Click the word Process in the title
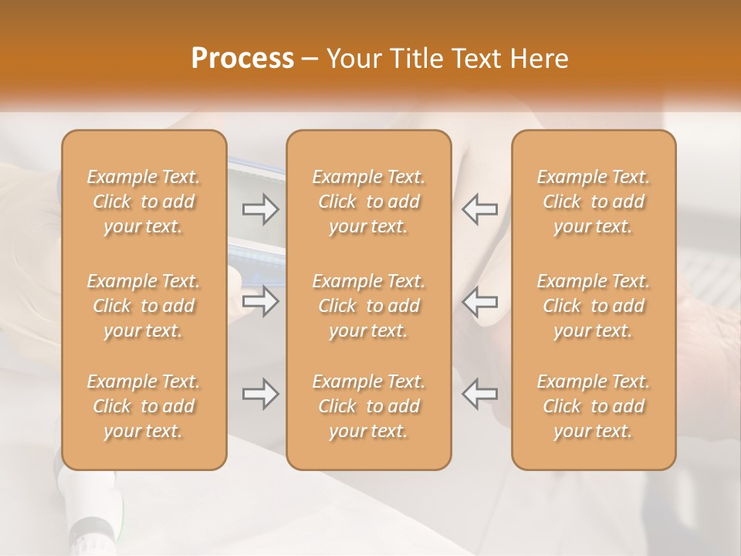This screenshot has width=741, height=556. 242,59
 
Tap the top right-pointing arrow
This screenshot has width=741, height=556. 261,209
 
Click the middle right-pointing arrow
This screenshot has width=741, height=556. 261,301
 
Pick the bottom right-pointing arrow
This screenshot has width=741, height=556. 261,394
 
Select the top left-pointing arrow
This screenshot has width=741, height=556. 479,209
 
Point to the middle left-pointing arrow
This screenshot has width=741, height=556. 479,301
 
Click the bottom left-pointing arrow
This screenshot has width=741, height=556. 479,394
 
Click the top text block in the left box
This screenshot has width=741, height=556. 144,202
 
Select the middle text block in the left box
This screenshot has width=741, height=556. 144,306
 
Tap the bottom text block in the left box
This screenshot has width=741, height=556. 144,406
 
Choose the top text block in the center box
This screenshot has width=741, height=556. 369,202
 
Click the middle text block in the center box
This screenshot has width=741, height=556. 369,306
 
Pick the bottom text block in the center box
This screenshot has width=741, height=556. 369,406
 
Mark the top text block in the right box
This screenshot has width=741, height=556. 594,202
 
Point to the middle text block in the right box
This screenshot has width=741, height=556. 594,306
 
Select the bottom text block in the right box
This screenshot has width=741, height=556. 594,406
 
